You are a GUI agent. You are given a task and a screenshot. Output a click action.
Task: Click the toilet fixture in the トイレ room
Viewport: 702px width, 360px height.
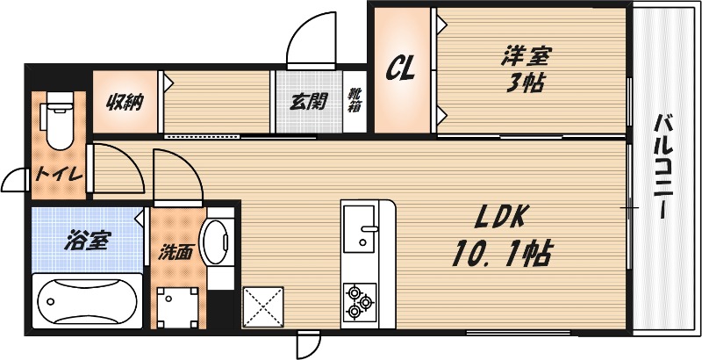(57, 121)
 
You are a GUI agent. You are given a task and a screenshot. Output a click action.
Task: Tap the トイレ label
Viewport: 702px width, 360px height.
(58, 174)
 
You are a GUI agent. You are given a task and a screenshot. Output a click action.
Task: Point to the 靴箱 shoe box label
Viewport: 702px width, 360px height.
(353, 101)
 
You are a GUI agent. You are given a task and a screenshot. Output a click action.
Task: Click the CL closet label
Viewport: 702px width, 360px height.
(402, 68)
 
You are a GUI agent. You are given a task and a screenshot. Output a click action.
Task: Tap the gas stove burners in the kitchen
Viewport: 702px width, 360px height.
(360, 300)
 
